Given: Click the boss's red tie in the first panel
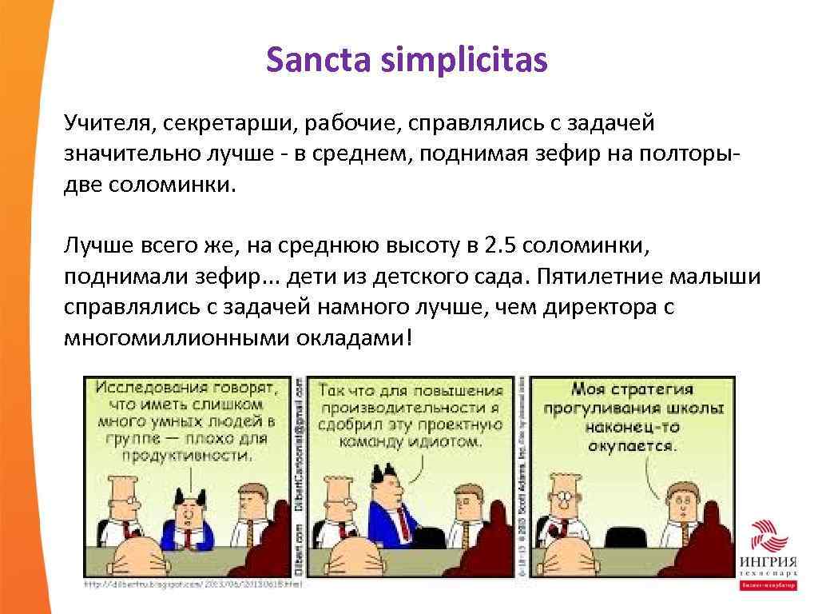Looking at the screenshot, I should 187,536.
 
